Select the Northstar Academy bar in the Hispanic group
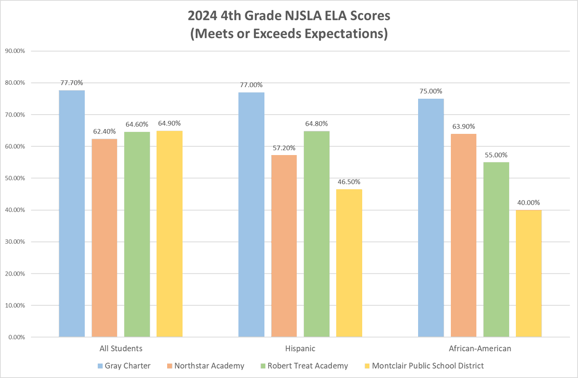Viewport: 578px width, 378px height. click(284, 246)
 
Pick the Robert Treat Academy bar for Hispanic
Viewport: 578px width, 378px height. click(316, 234)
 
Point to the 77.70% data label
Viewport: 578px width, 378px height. click(72, 82)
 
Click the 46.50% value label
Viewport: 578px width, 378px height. click(349, 182)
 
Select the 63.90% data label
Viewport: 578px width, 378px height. click(463, 126)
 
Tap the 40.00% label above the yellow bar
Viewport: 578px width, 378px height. click(529, 202)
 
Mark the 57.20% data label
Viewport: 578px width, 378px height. click(284, 147)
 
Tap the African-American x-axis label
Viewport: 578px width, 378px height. click(480, 348)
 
